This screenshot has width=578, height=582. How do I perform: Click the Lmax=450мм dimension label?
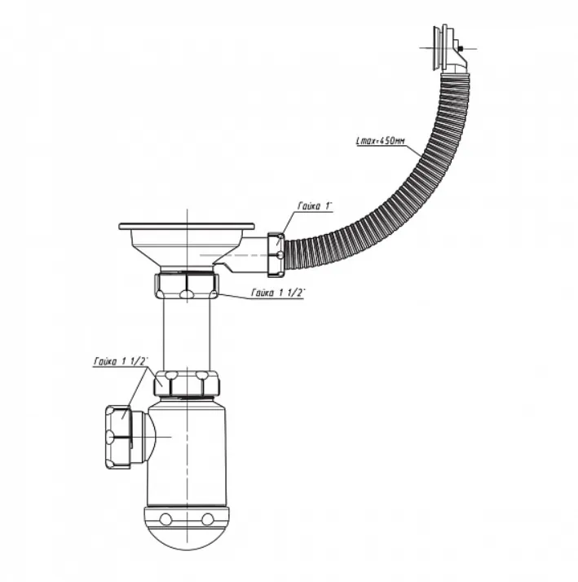click(380, 141)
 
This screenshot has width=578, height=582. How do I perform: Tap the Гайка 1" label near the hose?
click(314, 206)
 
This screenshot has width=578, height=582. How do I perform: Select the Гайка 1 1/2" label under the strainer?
click(278, 293)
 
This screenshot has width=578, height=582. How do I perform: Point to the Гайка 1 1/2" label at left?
click(121, 362)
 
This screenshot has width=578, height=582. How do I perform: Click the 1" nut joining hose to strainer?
click(276, 255)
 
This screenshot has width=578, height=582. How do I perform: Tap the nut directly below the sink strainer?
click(187, 286)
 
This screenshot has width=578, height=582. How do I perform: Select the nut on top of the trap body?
click(187, 383)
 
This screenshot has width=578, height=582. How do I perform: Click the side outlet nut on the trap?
click(118, 437)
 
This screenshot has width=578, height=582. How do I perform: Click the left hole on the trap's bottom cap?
click(165, 518)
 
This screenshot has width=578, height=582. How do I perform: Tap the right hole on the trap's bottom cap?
click(207, 518)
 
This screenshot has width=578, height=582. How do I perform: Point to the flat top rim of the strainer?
click(187, 226)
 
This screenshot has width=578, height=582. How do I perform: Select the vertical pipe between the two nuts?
click(187, 334)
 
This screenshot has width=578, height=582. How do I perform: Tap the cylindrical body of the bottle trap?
click(187, 453)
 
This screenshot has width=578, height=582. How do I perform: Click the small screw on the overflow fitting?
click(461, 48)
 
